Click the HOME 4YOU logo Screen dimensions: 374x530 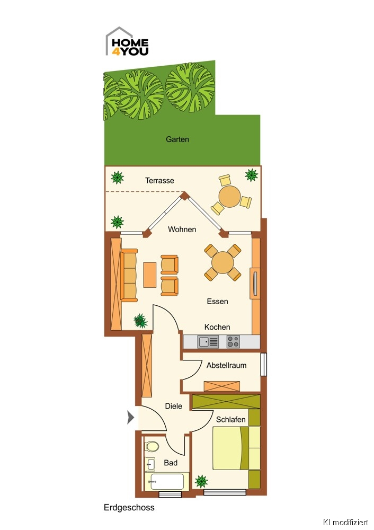pos(127,41)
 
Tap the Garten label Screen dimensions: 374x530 pos(177,139)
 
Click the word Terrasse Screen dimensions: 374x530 pos(160,181)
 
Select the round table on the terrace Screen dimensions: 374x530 pos(230,197)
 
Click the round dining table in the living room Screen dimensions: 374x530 pos(222,263)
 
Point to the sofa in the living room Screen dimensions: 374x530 pos(129,275)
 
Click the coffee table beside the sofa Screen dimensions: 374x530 pos(150,275)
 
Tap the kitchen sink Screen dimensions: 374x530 pos(208,342)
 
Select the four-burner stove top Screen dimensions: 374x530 pos(233,341)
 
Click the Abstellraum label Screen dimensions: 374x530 pos(226,365)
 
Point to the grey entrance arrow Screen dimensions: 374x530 pos(130,417)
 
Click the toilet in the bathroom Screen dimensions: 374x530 pos(152,446)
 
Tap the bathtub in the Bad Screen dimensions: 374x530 pos(164,481)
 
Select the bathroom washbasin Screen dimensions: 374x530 pos(150,464)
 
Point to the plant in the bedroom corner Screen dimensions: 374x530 pos(201,481)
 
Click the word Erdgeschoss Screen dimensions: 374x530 pos(129,507)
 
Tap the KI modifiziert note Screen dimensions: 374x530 pos(345,522)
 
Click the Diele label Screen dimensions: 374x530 pos(174,406)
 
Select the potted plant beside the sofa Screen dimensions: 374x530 pos(140,321)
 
